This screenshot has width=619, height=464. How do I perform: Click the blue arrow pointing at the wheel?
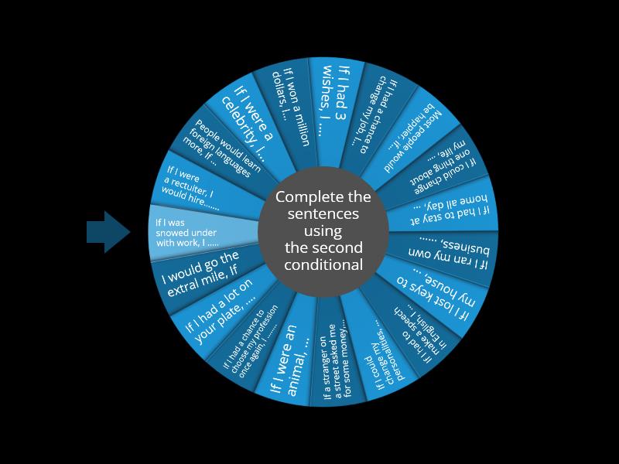click(x=108, y=231)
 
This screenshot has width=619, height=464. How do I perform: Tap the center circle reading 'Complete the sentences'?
click(x=323, y=231)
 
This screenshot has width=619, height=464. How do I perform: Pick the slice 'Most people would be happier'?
click(x=419, y=135)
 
